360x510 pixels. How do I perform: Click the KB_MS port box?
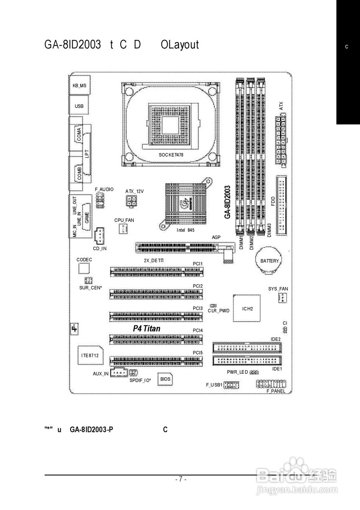coord(79,85)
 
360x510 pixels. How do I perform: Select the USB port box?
coord(79,106)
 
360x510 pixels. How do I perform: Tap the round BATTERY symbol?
coord(269,261)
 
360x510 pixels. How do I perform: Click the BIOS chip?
coord(165,379)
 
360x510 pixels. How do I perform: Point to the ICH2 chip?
coord(247,308)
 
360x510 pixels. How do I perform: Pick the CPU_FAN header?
coord(123,228)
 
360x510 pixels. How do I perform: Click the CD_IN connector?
coord(99,236)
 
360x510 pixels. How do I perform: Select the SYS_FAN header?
coord(283,298)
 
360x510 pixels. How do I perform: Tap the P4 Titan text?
coord(147,328)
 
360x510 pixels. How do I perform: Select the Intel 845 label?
coord(185,230)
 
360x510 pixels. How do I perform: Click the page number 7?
coord(180,479)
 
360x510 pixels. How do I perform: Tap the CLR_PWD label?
coord(218,310)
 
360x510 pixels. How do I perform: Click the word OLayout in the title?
coord(180,45)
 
